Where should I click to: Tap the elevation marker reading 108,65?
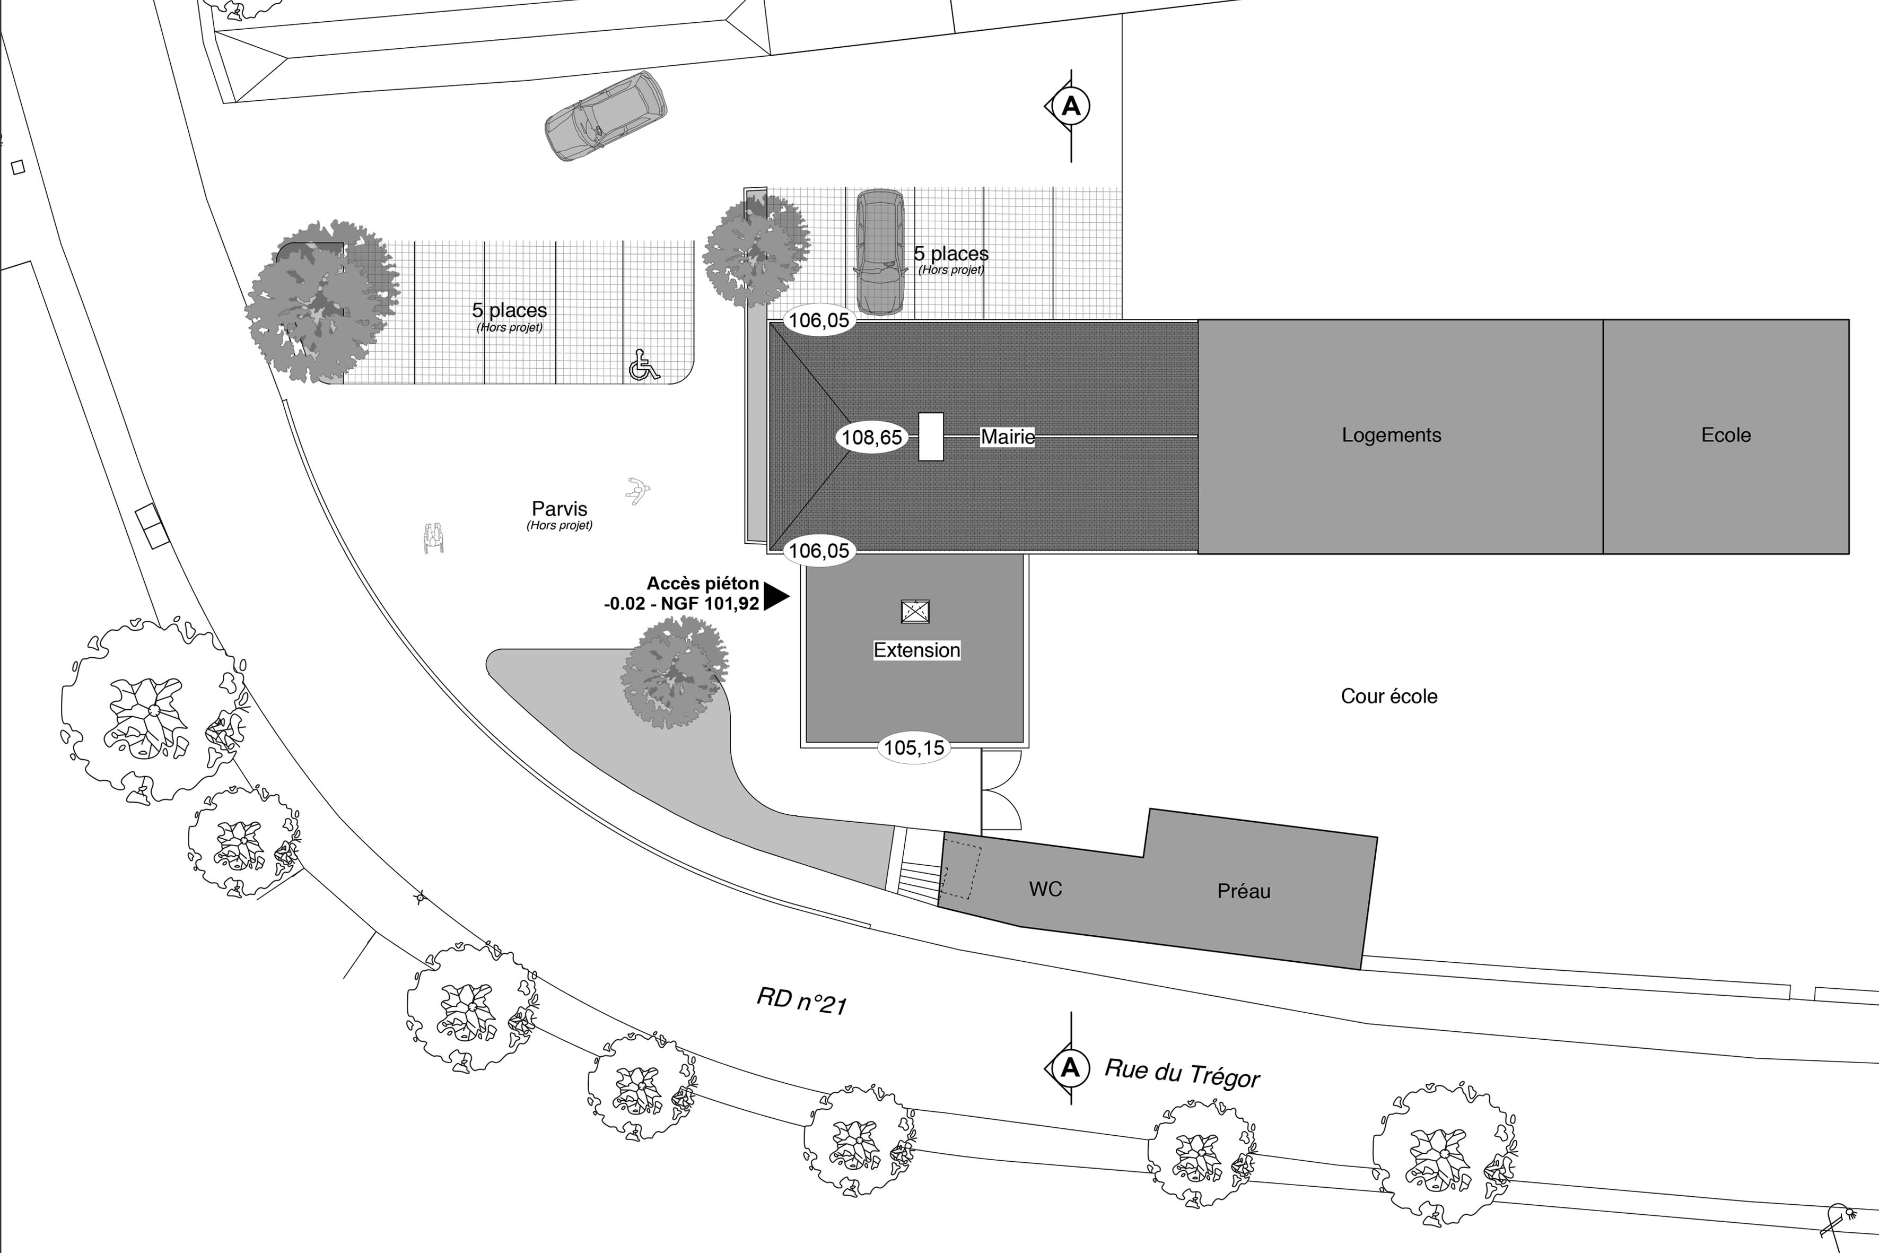[871, 437]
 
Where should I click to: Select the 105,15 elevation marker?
[914, 748]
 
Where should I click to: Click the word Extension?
[916, 650]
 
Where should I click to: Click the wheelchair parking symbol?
[644, 366]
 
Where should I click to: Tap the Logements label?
[1391, 436]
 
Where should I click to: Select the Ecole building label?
[1726, 436]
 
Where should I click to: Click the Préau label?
[1243, 892]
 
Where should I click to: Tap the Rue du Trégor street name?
[1182, 1074]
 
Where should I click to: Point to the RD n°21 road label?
[801, 1000]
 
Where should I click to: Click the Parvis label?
[559, 509]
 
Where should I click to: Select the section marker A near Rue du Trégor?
[1070, 1068]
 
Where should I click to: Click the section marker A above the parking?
[1071, 106]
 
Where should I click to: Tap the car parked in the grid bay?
[880, 252]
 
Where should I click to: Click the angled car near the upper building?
[606, 117]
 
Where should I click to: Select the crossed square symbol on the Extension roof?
[915, 611]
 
